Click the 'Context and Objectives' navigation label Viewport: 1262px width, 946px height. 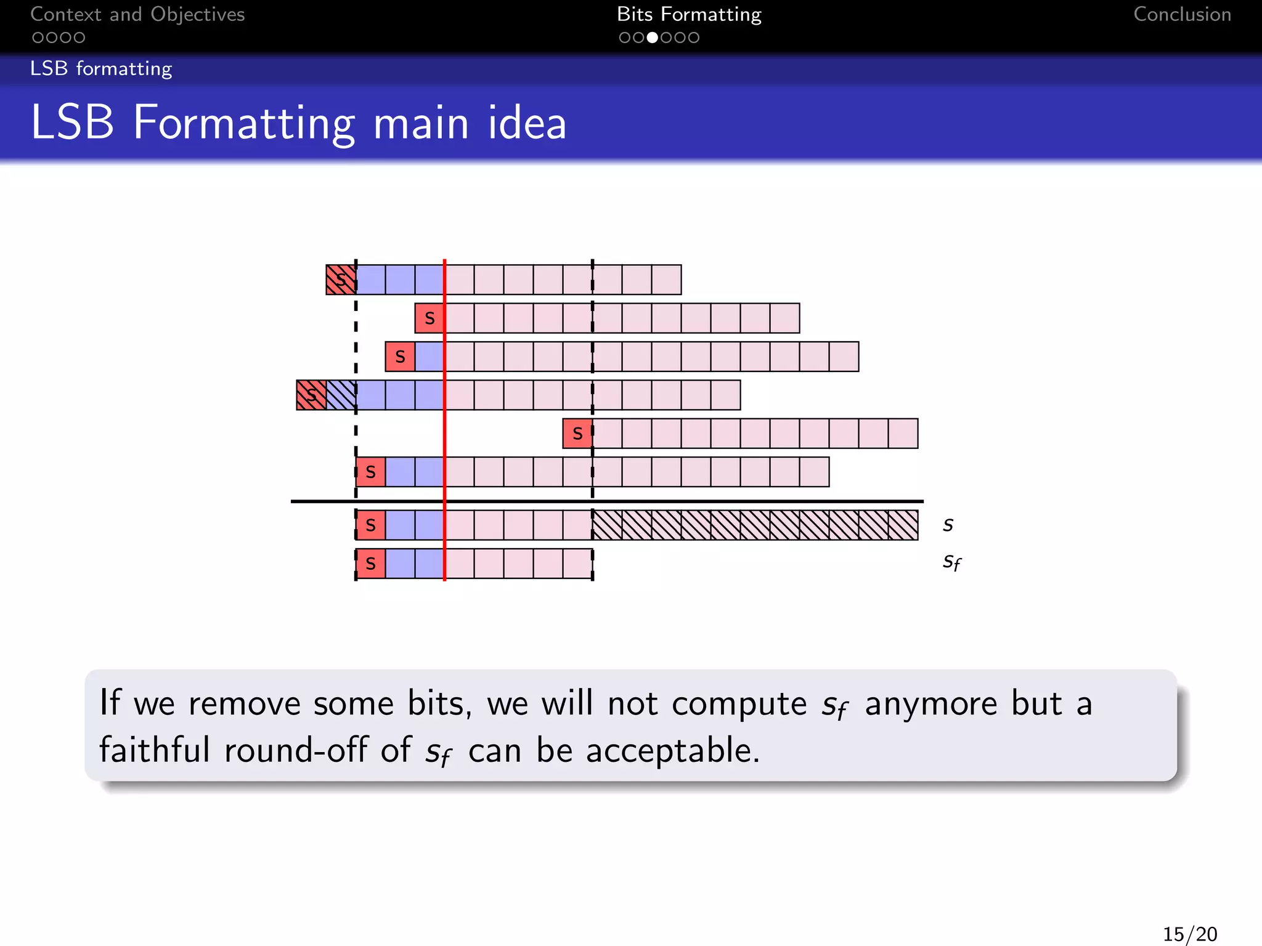click(x=137, y=15)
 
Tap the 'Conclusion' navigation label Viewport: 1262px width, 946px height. click(x=1182, y=15)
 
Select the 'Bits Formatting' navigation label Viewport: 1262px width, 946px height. click(x=689, y=15)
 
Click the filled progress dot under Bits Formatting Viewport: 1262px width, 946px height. click(x=652, y=38)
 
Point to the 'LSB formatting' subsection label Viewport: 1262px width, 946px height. click(x=101, y=68)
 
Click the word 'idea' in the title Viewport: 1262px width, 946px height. click(x=527, y=123)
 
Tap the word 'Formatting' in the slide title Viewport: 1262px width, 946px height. click(x=244, y=123)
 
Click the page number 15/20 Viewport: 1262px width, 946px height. click(x=1190, y=934)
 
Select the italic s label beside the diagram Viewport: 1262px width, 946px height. click(x=948, y=525)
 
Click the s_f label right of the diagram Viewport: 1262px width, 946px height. click(x=951, y=562)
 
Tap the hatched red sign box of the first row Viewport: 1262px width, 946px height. click(x=341, y=280)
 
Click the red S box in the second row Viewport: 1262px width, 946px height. click(x=429, y=318)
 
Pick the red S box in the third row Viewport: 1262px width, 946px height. click(x=400, y=357)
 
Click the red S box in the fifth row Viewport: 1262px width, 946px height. click(x=577, y=434)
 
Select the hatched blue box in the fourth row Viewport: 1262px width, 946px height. click(x=341, y=395)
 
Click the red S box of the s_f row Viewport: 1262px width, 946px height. click(x=370, y=564)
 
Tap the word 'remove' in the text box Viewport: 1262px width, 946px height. click(x=244, y=704)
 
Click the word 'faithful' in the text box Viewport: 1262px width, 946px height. click(x=155, y=750)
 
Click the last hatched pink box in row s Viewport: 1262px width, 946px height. click(x=903, y=525)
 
